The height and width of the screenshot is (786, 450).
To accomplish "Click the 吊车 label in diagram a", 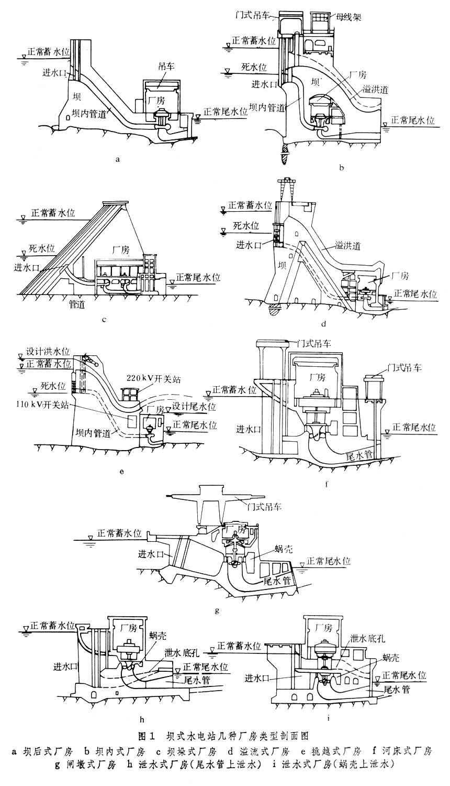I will pos(165,67).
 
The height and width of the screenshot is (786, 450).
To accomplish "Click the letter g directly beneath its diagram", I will pos(217,610).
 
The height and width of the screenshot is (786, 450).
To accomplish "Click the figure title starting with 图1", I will pos(224,737).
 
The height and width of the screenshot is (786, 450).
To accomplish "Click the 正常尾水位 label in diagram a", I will pos(225,112).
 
